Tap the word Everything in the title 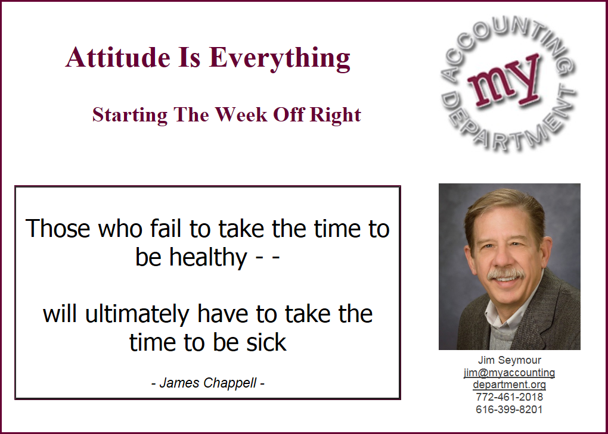tap(280, 59)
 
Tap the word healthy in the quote tap(208, 257)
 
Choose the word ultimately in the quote tap(137, 314)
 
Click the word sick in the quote tap(266, 342)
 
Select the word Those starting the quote tap(58, 228)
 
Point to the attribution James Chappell tap(208, 383)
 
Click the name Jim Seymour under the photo tap(509, 360)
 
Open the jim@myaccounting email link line tap(509, 373)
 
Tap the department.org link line tap(509, 385)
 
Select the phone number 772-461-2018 tap(509, 397)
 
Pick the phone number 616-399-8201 tap(509, 409)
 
